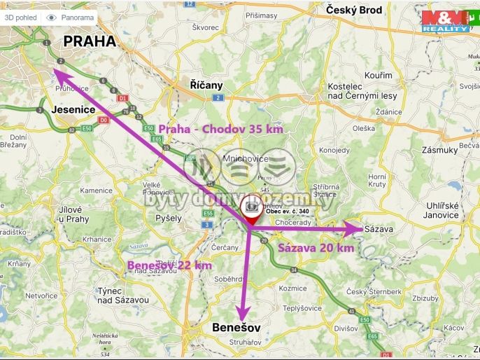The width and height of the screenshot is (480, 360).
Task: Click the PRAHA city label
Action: tap(89, 41)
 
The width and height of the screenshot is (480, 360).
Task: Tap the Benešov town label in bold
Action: tap(236, 328)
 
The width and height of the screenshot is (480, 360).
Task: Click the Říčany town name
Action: tap(206, 85)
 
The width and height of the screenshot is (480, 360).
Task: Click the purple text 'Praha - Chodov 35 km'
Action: tap(220, 130)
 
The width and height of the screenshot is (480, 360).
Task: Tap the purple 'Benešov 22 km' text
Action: tap(169, 265)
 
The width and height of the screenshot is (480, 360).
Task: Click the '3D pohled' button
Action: tap(20, 17)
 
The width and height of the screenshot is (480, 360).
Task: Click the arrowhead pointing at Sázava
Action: tap(355, 228)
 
